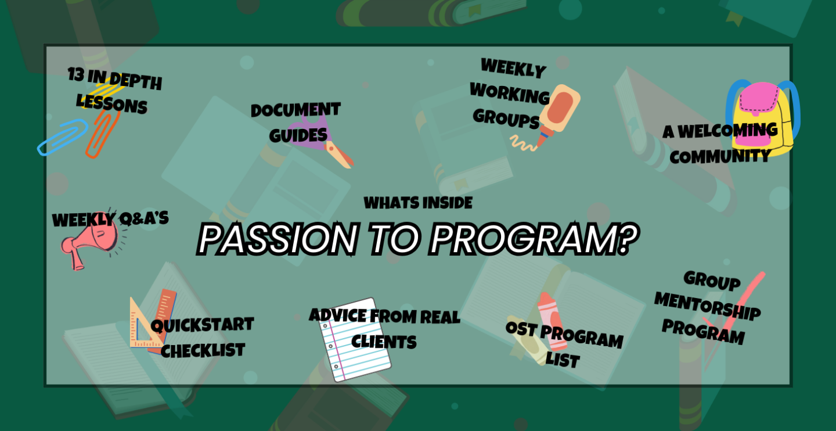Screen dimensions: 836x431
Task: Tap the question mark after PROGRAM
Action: tap(628, 239)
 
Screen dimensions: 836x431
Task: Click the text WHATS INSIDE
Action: tap(418, 203)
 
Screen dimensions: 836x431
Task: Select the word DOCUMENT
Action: tap(296, 110)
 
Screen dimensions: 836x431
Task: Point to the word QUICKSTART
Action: tap(203, 325)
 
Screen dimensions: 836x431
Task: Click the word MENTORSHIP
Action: tap(708, 306)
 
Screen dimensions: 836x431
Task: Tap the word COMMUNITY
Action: tap(720, 156)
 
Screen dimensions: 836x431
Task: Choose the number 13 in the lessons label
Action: tap(76, 74)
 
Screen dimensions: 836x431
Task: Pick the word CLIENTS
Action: tap(384, 342)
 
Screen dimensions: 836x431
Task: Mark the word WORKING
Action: tap(510, 94)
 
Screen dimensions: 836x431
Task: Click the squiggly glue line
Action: tap(523, 143)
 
